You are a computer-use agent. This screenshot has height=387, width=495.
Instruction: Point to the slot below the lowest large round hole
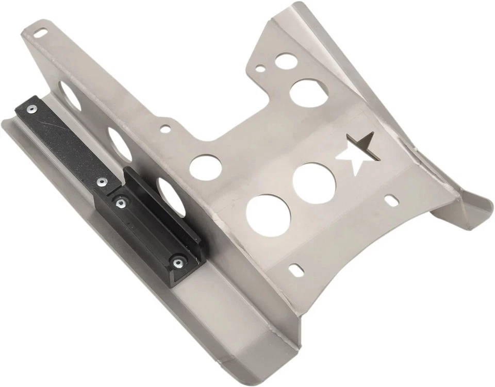pos(296,269)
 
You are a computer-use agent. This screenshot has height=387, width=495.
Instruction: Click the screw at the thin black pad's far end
pos(33,109)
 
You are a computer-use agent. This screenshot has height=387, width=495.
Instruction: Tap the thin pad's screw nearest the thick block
pos(101,182)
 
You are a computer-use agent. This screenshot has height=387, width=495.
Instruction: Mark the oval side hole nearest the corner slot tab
pos(69,96)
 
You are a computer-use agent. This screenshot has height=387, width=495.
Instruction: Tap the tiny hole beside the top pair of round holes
pos(261,68)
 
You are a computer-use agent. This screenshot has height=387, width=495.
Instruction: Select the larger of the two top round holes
pos(308,93)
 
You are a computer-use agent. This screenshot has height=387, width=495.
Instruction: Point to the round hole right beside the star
pos(315,183)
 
